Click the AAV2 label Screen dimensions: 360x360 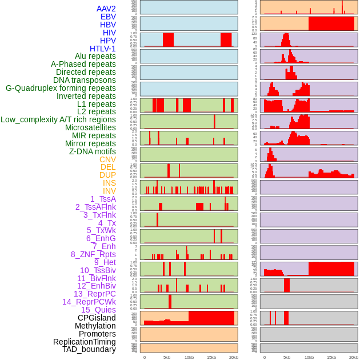click(106, 9)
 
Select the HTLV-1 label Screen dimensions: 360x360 click(102, 49)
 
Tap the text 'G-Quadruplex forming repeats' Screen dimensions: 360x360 click(61, 88)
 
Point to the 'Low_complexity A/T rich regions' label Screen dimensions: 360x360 click(58, 119)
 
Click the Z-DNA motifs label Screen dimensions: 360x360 click(92, 151)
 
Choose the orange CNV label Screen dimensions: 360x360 click(107, 159)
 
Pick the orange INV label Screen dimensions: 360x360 click(109, 191)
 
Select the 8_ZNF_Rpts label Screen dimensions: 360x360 click(93, 254)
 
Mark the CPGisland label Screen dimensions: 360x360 click(97, 318)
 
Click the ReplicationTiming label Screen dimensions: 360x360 click(85, 342)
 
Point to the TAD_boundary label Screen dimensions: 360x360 click(89, 349)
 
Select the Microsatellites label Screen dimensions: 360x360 click(90, 127)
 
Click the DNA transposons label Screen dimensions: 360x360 click(85, 80)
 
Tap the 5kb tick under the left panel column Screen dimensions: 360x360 click(167, 358)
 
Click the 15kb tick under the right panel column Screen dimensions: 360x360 click(331, 358)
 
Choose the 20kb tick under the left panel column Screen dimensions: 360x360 click(234, 358)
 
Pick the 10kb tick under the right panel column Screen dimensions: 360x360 click(309, 358)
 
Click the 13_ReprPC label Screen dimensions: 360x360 click(94, 294)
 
